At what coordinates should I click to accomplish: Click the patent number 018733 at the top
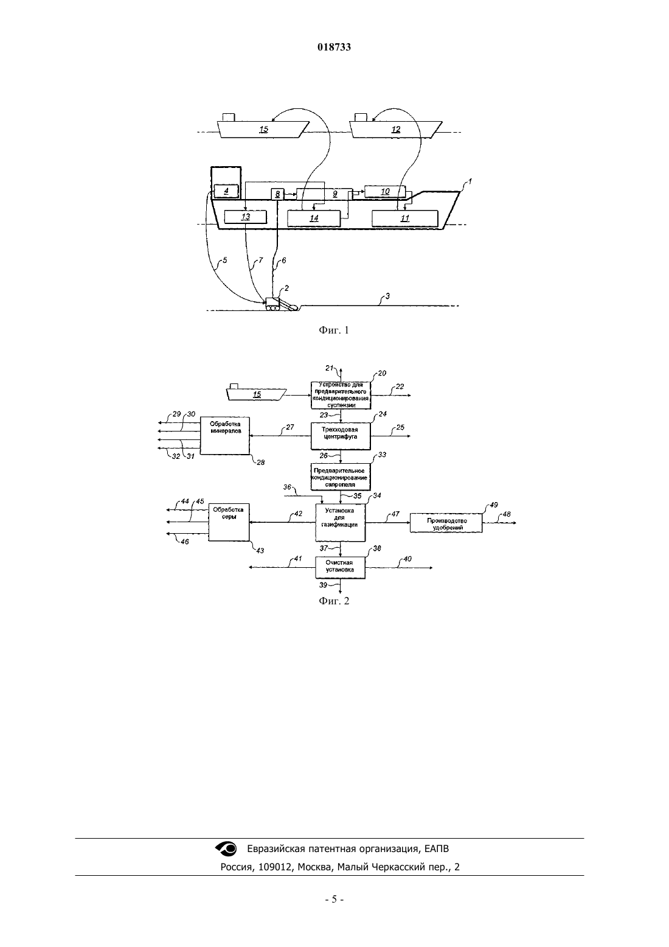(334, 47)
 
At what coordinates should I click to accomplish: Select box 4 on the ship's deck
(226, 191)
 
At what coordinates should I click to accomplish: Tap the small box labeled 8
(277, 194)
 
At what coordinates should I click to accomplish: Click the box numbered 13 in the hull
(245, 217)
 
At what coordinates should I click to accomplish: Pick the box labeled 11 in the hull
(405, 218)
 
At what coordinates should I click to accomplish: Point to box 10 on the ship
(385, 192)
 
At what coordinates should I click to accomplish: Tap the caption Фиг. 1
(334, 330)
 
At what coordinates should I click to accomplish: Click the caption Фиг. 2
(334, 601)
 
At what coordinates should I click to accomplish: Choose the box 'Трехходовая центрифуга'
(341, 436)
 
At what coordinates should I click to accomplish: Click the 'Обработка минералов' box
(224, 436)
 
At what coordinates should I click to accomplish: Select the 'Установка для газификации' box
(340, 523)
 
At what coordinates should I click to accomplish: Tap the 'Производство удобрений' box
(446, 523)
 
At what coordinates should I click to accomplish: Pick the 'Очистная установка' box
(340, 567)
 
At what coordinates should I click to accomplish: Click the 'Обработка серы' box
(229, 522)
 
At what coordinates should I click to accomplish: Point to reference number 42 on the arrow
(298, 514)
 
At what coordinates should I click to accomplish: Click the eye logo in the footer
(226, 848)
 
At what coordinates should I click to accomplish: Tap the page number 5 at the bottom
(334, 900)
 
